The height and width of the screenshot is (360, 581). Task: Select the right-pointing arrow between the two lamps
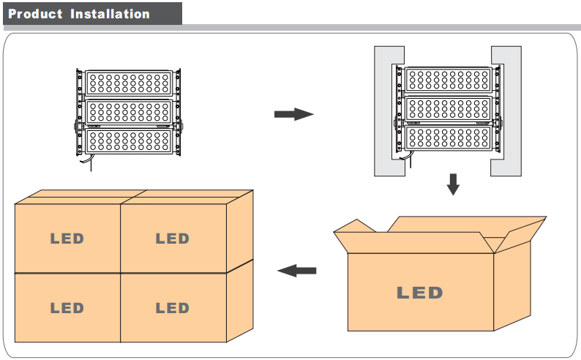(x=293, y=114)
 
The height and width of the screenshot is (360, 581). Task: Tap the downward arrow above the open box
(x=453, y=184)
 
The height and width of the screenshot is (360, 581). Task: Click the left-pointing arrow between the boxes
(x=297, y=271)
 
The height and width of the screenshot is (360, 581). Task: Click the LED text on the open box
(x=420, y=293)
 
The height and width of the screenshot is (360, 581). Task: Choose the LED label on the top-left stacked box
(x=67, y=239)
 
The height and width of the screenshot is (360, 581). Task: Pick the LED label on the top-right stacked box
(x=172, y=239)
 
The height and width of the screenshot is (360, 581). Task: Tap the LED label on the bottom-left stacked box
(x=67, y=308)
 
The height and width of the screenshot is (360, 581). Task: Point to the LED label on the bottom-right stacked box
(x=172, y=308)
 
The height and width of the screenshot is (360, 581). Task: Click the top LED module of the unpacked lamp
(x=129, y=83)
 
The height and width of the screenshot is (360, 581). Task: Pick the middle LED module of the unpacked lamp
(x=129, y=111)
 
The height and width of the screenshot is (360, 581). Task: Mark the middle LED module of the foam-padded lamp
(x=448, y=109)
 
